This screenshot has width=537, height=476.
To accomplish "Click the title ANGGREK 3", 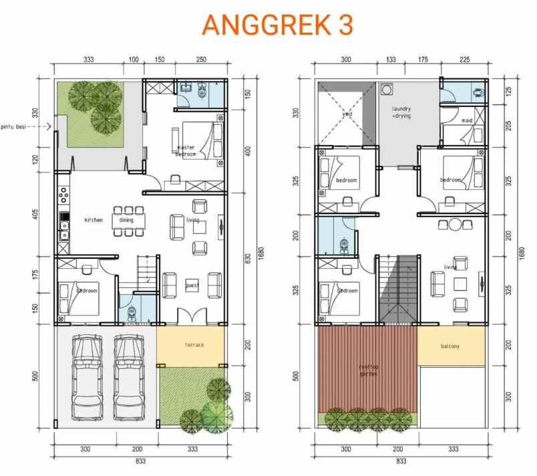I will (x=277, y=24).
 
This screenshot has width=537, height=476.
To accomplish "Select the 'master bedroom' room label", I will (x=186, y=150).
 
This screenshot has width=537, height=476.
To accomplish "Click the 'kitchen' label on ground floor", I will (x=94, y=220).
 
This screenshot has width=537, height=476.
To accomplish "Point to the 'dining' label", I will (x=126, y=220).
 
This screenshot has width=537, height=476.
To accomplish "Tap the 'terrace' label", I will (x=194, y=345).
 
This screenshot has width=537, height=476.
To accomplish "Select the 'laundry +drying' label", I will (x=401, y=112).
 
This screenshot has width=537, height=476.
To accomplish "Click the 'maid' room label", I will (x=467, y=121).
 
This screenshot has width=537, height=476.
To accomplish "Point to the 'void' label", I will (x=347, y=114).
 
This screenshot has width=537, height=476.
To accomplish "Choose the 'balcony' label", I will (x=450, y=346).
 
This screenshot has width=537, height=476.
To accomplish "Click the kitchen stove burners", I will (x=63, y=195).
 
